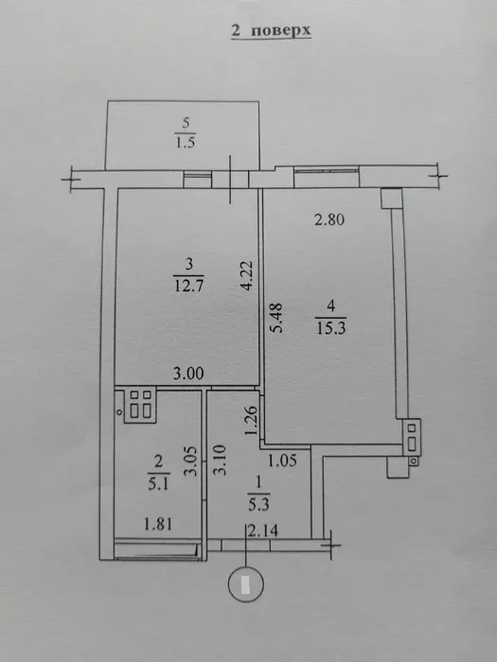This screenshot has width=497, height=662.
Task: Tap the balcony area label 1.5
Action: pos(185,144)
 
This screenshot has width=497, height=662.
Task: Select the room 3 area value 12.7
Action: pos(188,286)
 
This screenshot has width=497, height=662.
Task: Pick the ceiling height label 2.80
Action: pos(330,221)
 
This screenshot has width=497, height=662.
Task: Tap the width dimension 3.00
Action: pos(188,374)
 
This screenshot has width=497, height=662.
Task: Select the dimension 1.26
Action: pos(253,421)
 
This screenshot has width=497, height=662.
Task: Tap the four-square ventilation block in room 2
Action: pos(142,403)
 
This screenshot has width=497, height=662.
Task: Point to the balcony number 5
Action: pos(185,123)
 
